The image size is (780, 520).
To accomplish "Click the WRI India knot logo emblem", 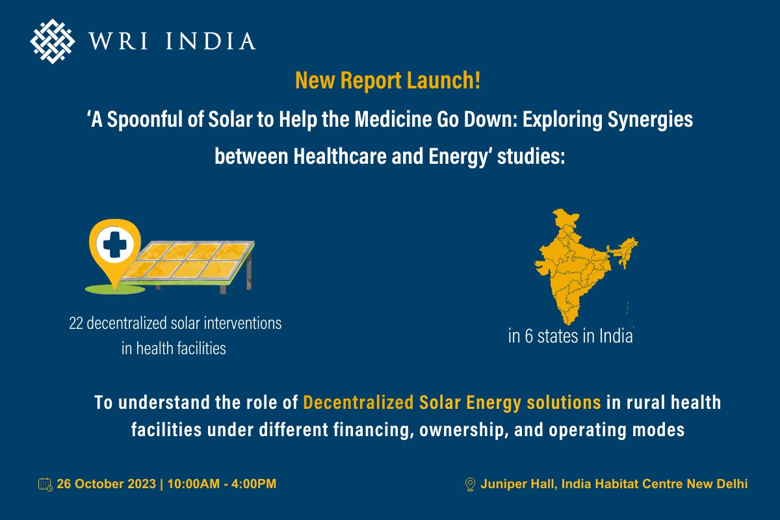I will click(53, 41).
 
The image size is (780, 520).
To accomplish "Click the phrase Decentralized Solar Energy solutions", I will click(452, 402).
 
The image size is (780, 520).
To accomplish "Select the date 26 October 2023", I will click(106, 484).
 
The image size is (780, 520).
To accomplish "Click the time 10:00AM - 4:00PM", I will click(222, 484).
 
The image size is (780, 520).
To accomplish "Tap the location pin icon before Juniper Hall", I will click(471, 484).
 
